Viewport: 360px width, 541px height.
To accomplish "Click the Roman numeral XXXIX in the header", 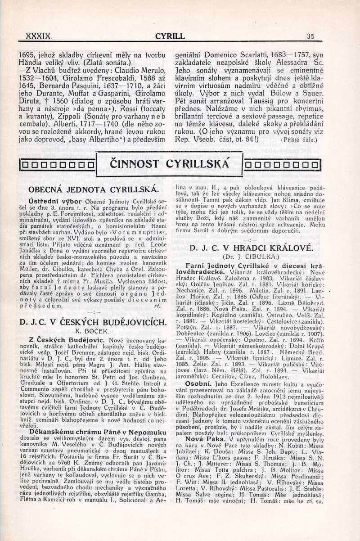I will [39, 36].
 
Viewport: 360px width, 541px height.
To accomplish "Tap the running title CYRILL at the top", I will [170, 36].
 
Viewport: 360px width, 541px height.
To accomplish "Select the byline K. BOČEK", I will [92, 331].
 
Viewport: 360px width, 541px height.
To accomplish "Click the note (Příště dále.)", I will [299, 140].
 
